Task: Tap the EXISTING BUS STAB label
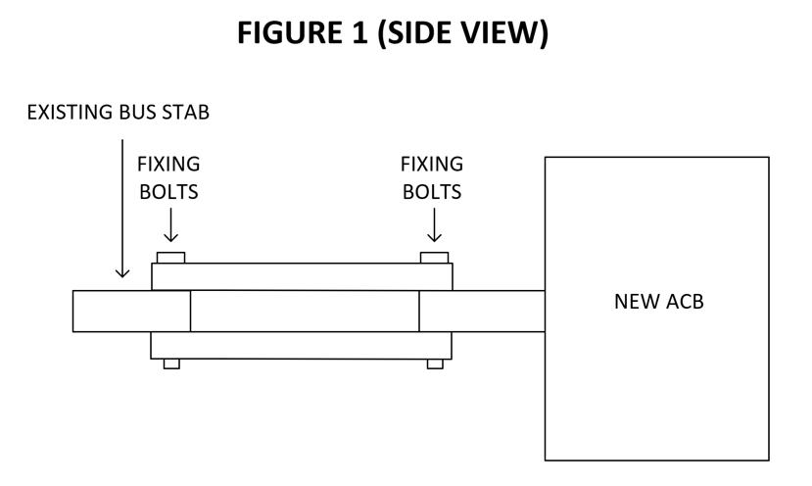(118, 112)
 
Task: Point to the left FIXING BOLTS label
(168, 177)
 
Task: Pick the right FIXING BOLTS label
(432, 177)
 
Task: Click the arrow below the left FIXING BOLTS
(170, 226)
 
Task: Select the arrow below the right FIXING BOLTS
(434, 226)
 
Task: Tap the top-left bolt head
(170, 258)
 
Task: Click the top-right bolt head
(434, 258)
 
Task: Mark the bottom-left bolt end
(171, 364)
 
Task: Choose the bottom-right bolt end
(435, 364)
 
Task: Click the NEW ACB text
(658, 301)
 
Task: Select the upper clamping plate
(302, 276)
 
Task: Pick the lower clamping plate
(302, 345)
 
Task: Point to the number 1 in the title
(358, 33)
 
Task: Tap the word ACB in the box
(683, 301)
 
